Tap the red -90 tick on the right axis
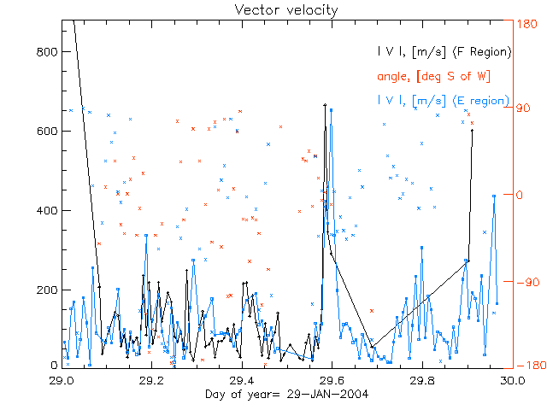pyautogui.click(x=525, y=280)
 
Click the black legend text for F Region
pyautogui.click(x=444, y=52)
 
